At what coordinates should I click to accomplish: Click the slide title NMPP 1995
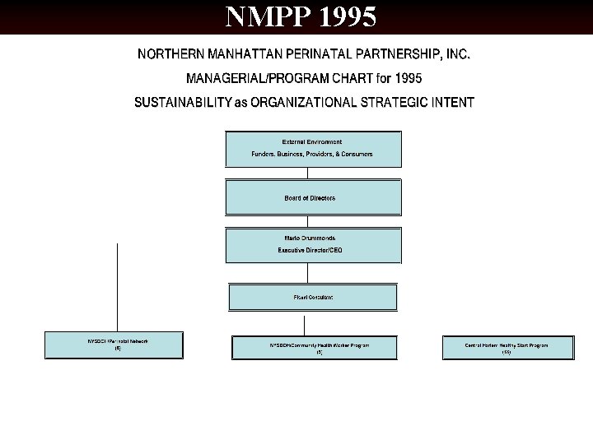click(301, 16)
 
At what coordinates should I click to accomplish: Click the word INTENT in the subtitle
click(451, 103)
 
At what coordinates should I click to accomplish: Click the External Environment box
click(313, 149)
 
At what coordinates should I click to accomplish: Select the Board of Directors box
click(313, 198)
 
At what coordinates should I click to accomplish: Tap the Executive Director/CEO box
click(313, 245)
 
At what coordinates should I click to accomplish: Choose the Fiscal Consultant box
click(313, 297)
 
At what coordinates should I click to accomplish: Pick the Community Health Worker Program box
click(320, 348)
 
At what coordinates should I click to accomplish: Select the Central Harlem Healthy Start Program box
click(507, 348)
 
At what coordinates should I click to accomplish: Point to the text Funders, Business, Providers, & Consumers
click(311, 154)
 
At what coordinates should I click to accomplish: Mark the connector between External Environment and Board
click(307, 173)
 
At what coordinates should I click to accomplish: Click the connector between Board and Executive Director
click(307, 222)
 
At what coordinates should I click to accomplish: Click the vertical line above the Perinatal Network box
click(118, 288)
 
